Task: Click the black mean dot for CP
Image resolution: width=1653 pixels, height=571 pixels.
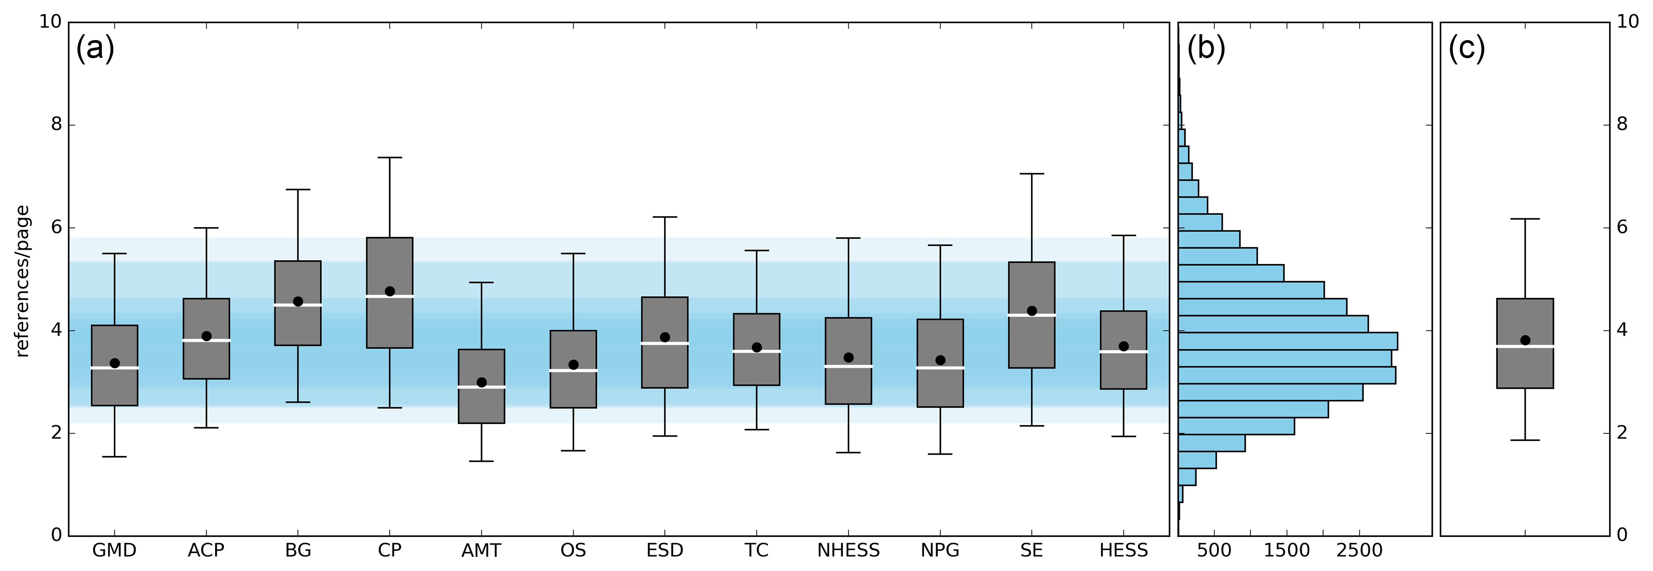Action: click(x=389, y=291)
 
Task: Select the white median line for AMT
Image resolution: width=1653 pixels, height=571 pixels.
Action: click(x=481, y=387)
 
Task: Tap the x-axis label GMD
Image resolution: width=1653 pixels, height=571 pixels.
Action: click(x=114, y=551)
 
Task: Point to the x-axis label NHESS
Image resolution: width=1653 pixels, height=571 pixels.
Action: click(x=848, y=551)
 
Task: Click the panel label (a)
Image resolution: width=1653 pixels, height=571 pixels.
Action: click(x=95, y=48)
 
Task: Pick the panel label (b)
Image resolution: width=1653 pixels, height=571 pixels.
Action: click(x=1206, y=48)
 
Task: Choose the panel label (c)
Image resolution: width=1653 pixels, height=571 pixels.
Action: click(x=1467, y=48)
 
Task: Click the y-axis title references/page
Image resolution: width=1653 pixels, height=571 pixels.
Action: click(x=22, y=281)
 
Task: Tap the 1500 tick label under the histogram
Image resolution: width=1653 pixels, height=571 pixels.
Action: click(x=1286, y=551)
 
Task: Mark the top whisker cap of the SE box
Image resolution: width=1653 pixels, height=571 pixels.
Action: click(x=1032, y=174)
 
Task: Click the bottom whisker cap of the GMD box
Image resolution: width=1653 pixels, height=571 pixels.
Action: click(x=114, y=457)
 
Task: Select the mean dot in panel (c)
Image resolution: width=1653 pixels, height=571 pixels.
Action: click(x=1525, y=340)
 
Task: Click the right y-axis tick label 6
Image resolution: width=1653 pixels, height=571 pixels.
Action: click(x=1622, y=227)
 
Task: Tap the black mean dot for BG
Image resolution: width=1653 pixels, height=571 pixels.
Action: click(x=298, y=301)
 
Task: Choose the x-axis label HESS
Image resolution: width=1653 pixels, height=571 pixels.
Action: click(x=1124, y=551)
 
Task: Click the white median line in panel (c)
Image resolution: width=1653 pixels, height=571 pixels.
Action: click(x=1525, y=347)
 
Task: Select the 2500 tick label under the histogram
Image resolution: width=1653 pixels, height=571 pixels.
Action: click(x=1360, y=551)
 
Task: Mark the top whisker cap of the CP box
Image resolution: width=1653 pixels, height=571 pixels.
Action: click(x=389, y=157)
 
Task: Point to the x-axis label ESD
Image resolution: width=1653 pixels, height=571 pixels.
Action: click(x=665, y=551)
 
